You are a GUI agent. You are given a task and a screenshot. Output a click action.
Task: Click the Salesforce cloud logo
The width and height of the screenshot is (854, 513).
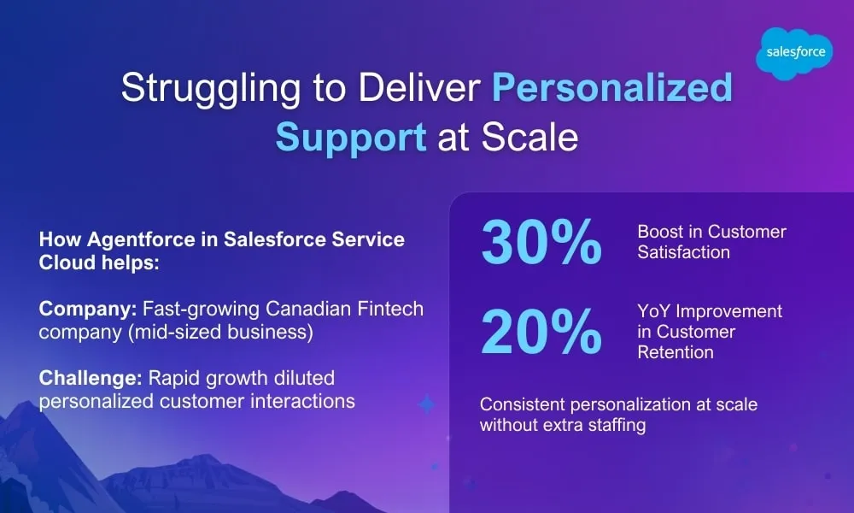(794, 53)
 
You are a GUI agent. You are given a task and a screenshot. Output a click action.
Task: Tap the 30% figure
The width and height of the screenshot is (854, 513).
(541, 242)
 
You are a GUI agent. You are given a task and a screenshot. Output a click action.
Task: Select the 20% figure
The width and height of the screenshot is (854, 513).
(541, 331)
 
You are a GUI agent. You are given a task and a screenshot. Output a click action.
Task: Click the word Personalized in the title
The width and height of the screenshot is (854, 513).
(612, 88)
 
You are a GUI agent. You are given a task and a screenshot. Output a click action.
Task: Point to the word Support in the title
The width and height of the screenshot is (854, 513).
(351, 138)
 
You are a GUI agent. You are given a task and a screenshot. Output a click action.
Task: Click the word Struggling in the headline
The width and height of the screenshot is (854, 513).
(211, 89)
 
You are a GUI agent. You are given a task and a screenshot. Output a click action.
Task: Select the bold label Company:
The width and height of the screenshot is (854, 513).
(88, 310)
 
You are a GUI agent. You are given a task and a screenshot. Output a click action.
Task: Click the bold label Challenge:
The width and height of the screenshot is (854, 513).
(91, 379)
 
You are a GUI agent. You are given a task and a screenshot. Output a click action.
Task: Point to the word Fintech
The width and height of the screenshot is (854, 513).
(390, 309)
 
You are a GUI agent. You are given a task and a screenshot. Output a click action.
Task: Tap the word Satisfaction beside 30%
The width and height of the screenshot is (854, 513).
(683, 252)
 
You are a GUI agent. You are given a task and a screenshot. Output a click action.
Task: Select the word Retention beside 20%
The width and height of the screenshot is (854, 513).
(676, 352)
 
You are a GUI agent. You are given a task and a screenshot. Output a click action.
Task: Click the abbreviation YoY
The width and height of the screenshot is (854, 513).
(653, 311)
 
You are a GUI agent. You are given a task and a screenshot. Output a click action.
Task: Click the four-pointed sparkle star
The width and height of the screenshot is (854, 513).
(426, 404)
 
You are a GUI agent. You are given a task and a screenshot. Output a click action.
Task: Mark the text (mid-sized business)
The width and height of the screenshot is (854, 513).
(220, 332)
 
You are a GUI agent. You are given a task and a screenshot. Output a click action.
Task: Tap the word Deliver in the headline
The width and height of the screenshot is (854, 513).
(419, 88)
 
